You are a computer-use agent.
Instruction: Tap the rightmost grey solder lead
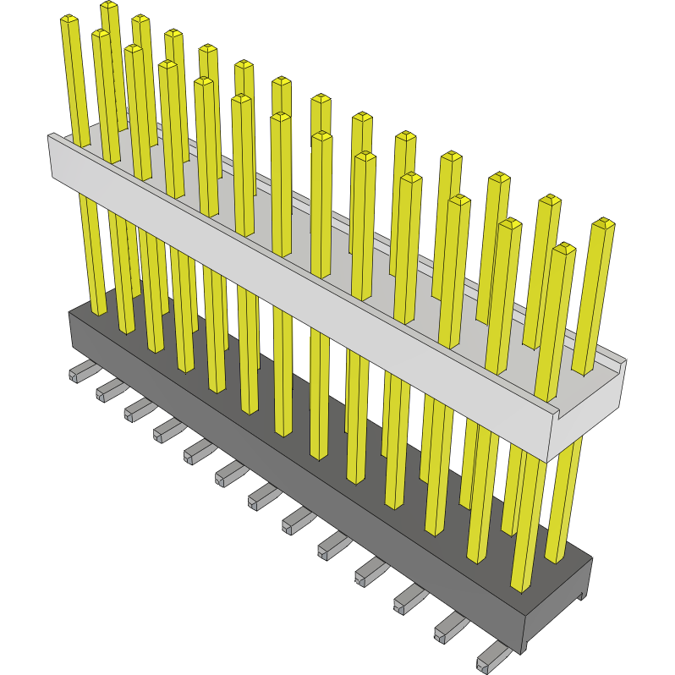494,656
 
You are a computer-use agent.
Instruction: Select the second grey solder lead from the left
109,389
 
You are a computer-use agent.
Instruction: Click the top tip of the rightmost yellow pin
603,224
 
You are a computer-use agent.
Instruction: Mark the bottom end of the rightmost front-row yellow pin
522,584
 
